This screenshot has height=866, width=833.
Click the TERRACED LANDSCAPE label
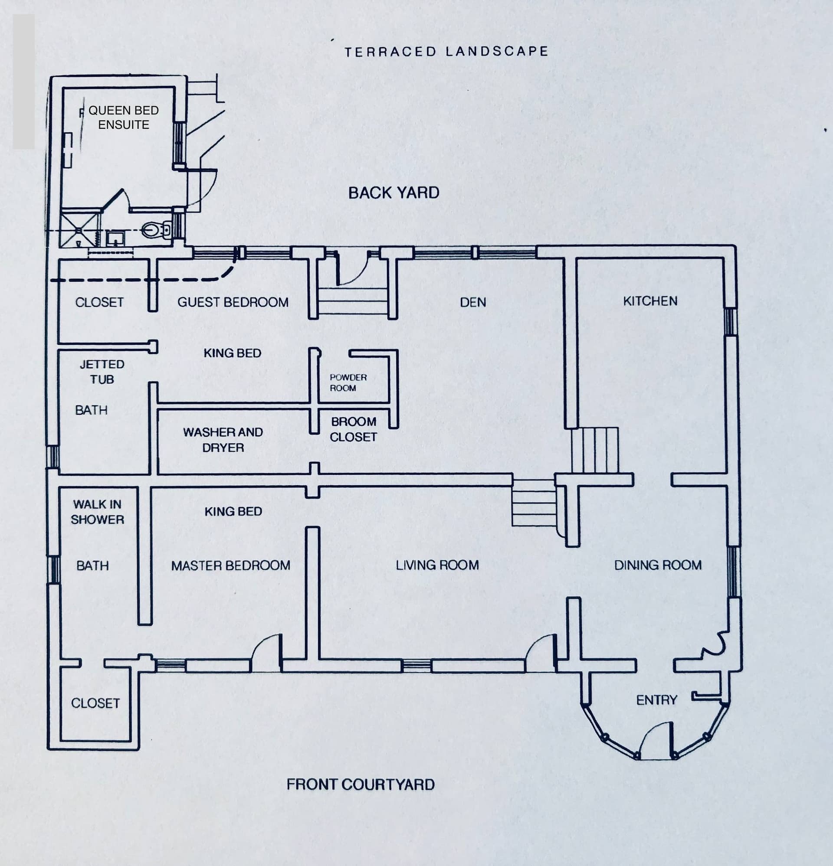[446, 52]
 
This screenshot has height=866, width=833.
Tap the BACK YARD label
[394, 193]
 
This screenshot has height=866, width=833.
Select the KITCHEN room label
[650, 301]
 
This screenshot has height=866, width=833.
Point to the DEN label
[472, 302]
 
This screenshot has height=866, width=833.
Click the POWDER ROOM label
[348, 382]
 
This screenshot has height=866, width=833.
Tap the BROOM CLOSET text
[353, 429]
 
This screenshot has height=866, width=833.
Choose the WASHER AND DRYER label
[223, 440]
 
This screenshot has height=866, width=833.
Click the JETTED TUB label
[102, 372]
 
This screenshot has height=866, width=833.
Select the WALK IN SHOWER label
[97, 512]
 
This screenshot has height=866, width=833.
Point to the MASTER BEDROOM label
[231, 565]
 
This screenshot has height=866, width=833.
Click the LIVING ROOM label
[437, 565]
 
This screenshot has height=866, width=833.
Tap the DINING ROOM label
[658, 565]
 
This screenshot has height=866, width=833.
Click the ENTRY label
[656, 700]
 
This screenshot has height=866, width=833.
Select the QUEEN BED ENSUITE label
[123, 118]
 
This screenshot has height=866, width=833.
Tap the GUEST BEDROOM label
[233, 302]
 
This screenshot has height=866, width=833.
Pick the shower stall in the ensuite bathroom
[79, 230]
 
